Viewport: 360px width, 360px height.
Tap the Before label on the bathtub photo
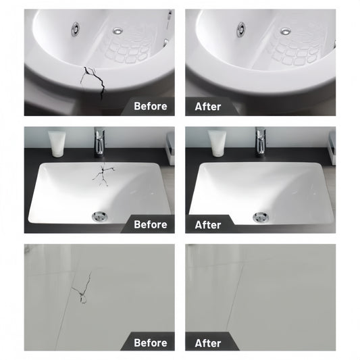point(151,106)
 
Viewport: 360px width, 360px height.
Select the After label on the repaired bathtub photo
point(208,107)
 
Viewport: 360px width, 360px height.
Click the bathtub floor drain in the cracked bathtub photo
point(118,30)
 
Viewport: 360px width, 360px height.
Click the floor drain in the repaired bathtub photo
point(286,31)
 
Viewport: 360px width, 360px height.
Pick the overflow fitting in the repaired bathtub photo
point(241,30)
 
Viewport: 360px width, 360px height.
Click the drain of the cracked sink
point(100,216)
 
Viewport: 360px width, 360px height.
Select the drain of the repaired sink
point(261,217)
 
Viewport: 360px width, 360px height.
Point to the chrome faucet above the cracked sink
point(100,142)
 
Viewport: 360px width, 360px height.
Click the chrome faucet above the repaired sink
point(261,142)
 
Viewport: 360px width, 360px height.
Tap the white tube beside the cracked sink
point(57,144)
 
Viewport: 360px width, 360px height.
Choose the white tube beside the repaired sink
point(217,144)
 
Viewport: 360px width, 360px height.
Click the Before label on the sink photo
point(151,224)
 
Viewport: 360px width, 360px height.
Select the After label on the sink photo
point(208,225)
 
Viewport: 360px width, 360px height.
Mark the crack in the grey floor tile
point(82,288)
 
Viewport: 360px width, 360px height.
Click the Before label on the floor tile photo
point(151,343)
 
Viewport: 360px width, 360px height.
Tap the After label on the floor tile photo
point(208,343)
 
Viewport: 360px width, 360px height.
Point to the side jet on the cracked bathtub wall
point(165,43)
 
